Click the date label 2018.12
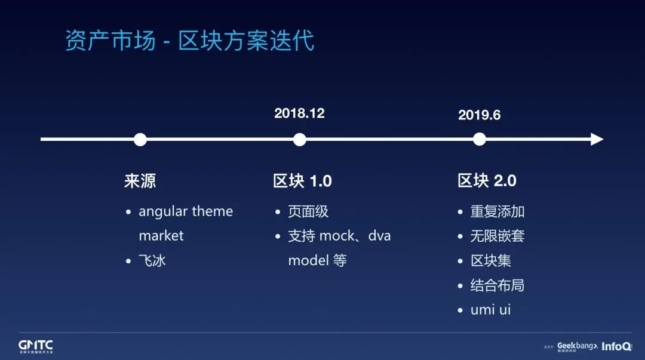(299, 113)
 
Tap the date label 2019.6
(479, 115)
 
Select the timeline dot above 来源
(140, 140)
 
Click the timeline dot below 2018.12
(299, 140)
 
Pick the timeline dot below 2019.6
(479, 140)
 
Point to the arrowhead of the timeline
(597, 140)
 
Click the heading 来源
(140, 181)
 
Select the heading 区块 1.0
(302, 181)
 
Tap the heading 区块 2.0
(487, 181)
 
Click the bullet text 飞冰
(152, 260)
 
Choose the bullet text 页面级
(308, 211)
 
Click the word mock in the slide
(337, 236)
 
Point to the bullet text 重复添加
(497, 211)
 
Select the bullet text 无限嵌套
(497, 236)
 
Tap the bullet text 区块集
(491, 260)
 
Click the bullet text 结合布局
(497, 285)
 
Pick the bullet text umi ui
(491, 309)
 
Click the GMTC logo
(36, 346)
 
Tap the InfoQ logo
(616, 346)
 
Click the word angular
(163, 212)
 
